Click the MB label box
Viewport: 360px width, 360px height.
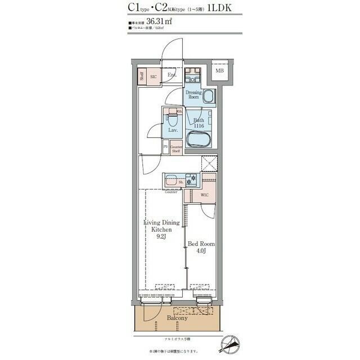[219, 70]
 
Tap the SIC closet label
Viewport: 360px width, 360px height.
[153, 75]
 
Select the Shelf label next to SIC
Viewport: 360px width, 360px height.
[142, 76]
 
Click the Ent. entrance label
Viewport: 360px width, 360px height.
[172, 75]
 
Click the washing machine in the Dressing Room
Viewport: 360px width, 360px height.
[209, 97]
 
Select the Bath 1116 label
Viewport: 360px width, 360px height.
[199, 123]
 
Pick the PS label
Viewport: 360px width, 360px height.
[165, 147]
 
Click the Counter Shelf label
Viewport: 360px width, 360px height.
[175, 150]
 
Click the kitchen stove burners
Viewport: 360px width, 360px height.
[192, 181]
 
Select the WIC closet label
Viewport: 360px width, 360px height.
[205, 195]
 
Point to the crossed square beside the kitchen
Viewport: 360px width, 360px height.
[209, 164]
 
